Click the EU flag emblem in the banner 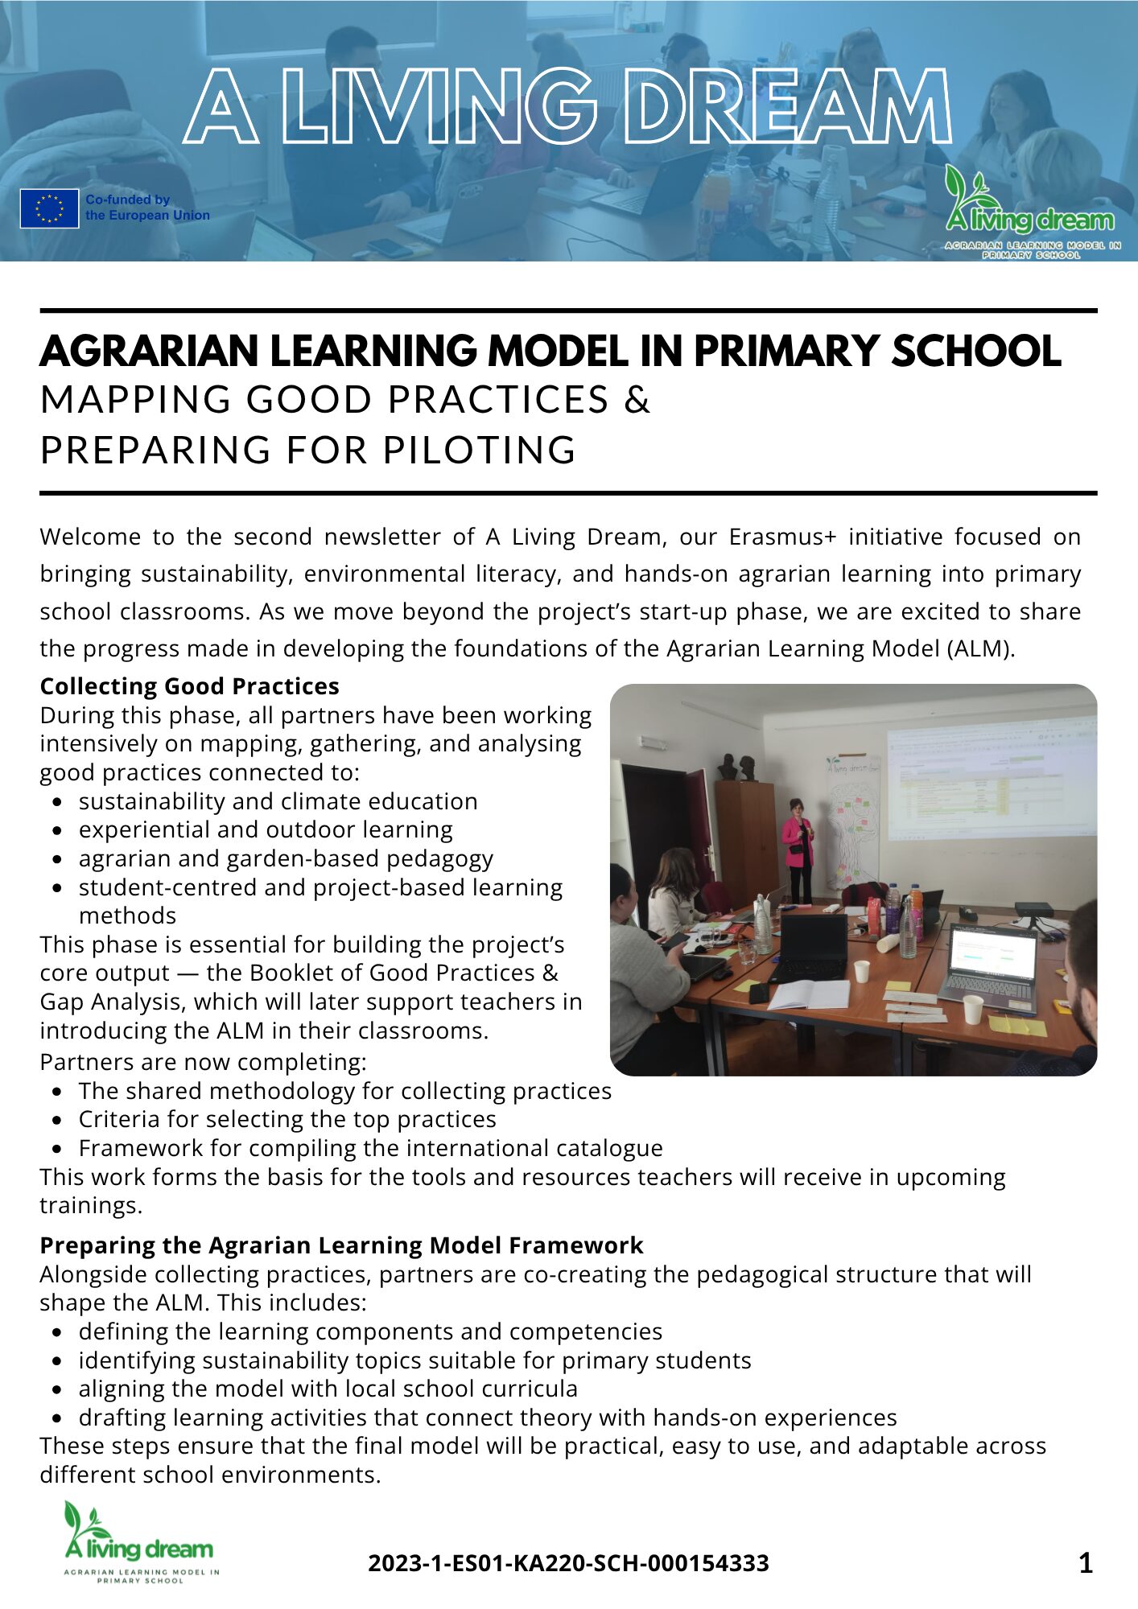[50, 208]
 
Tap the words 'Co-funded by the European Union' [147, 208]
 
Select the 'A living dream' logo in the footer [140, 1543]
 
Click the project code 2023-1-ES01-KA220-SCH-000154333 [568, 1563]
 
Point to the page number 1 [1085, 1563]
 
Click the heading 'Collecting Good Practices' [190, 686]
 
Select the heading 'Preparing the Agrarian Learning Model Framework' [341, 1245]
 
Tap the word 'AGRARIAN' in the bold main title [149, 352]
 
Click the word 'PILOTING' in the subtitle [480, 450]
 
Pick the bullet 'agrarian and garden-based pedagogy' [286, 858]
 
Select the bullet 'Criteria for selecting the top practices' [287, 1119]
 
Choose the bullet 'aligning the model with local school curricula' [328, 1389]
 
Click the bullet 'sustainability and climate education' [278, 801]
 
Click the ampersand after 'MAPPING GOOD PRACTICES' [637, 400]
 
